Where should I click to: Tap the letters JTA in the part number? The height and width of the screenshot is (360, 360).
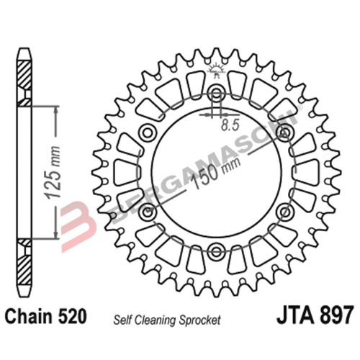tap(294, 317)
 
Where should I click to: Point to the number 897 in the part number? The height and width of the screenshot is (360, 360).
tap(335, 317)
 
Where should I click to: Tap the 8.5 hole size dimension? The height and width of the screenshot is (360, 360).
tap(230, 124)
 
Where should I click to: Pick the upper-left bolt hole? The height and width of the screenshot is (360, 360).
tap(148, 132)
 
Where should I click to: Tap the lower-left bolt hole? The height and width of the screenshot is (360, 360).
tap(148, 212)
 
